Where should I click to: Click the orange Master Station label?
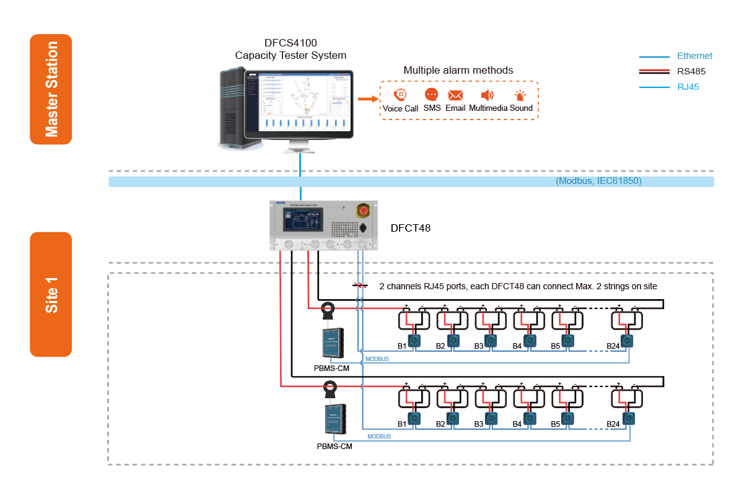(51, 89)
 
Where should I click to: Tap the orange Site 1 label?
(51, 294)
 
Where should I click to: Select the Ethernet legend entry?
(694, 56)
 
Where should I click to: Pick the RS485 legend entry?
(691, 71)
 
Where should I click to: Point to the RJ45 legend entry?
(688, 87)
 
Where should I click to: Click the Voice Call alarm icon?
(400, 95)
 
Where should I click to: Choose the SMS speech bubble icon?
(431, 95)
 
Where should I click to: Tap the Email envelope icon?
(455, 95)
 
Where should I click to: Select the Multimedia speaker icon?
(487, 95)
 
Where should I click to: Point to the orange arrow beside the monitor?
(368, 98)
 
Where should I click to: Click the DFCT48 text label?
(410, 228)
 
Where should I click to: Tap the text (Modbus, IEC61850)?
(598, 181)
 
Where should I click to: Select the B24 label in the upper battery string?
(613, 346)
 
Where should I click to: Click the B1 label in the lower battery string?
(401, 424)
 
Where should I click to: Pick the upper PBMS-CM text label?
(331, 369)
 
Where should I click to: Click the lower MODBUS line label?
(379, 437)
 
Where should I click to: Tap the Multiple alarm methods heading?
(458, 71)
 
